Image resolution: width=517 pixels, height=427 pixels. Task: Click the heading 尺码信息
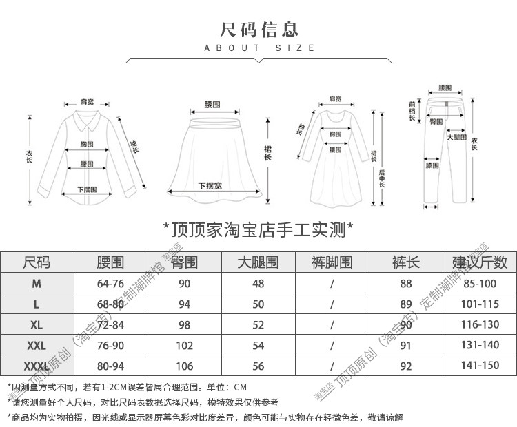pyautogui.click(x=258, y=29)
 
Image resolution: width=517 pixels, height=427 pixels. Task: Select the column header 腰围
pyautogui.click(x=110, y=262)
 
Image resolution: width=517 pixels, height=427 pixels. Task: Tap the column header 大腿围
pyautogui.click(x=258, y=262)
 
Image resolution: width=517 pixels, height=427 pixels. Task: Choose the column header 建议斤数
pyautogui.click(x=480, y=262)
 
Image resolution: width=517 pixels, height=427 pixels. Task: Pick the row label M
pyautogui.click(x=37, y=283)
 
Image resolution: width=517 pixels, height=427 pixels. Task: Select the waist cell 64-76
pyautogui.click(x=110, y=283)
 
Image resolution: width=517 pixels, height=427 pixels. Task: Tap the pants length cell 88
pyautogui.click(x=405, y=283)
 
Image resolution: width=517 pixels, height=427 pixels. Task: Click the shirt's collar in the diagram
pyautogui.click(x=87, y=124)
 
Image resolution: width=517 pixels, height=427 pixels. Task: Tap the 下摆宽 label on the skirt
pyautogui.click(x=210, y=186)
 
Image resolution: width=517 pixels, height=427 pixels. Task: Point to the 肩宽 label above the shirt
pyautogui.click(x=87, y=101)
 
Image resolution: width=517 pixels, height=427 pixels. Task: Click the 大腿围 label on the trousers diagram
pyautogui.click(x=456, y=137)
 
